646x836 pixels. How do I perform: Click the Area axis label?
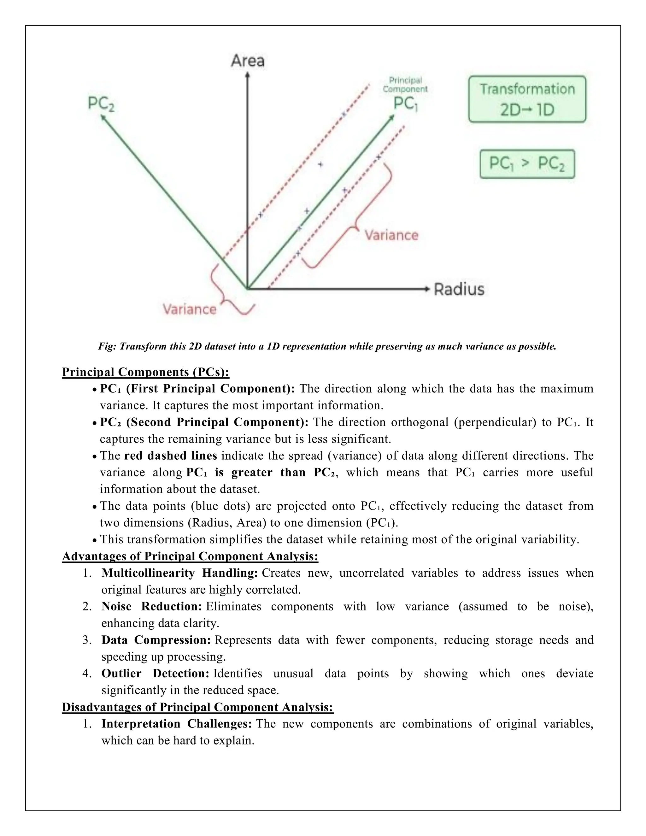248,61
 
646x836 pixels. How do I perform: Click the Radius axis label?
459,289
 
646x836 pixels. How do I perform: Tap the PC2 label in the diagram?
101,104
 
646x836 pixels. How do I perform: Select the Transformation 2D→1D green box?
527,99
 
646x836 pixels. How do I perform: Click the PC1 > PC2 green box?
527,164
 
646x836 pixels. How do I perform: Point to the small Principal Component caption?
405,85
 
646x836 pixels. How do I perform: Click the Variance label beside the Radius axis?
391,235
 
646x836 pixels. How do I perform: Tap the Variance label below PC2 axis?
190,309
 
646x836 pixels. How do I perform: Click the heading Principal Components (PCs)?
145,372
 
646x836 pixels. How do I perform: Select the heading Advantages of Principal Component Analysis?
190,556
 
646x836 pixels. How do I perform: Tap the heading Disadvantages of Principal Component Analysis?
197,707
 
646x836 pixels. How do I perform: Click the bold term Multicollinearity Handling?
180,573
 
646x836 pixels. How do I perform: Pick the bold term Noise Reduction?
151,606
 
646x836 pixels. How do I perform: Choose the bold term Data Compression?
156,640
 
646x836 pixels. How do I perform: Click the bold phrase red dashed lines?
171,456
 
